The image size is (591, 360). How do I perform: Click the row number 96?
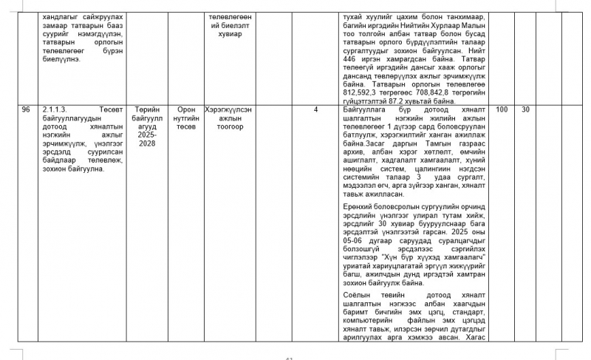26,110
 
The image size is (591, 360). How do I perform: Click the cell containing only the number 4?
315,110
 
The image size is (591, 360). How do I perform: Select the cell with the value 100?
502,110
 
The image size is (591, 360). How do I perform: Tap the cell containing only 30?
526,110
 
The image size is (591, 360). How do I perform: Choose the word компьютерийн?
372,322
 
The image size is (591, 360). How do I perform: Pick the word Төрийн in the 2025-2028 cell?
147,110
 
